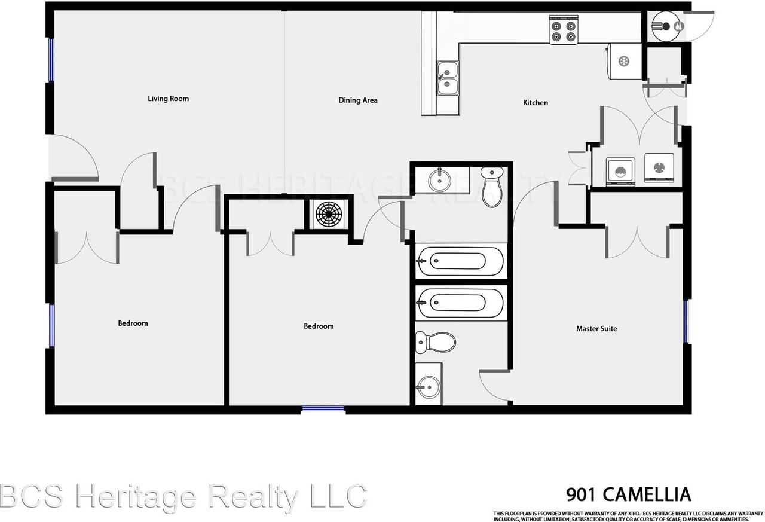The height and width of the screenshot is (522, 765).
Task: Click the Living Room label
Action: (168, 99)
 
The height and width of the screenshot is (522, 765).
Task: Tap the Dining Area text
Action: (358, 100)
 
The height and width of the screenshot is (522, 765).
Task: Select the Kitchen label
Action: (535, 103)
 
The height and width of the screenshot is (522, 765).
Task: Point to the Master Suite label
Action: (596, 329)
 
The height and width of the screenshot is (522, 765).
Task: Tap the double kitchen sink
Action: (446, 79)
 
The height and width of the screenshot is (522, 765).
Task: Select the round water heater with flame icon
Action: (666, 26)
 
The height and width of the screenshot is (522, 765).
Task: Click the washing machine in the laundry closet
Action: (620, 170)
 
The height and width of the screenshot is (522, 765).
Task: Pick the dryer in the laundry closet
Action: (659, 167)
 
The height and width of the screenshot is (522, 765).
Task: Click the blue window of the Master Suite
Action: (686, 321)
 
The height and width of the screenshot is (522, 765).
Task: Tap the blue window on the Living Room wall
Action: (51, 60)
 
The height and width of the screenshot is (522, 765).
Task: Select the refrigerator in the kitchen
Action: (624, 60)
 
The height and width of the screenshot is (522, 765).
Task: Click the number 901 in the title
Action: (582, 495)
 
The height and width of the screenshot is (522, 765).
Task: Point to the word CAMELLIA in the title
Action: (647, 495)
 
